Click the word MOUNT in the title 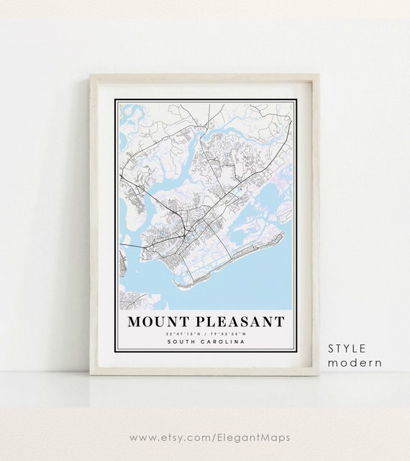pos(160,322)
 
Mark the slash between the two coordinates pos(205,334)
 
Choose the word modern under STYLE pos(355,362)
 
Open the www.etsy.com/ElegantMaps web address pos(210,437)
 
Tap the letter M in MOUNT pos(135,322)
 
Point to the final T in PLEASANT pos(279,322)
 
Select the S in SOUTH pos(168,341)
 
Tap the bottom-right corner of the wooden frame pos(318,374)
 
